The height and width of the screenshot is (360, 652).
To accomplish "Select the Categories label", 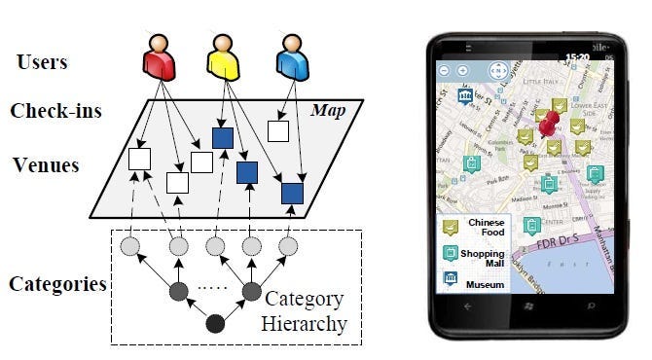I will coord(57,284).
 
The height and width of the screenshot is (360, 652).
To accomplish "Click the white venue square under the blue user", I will coord(278,131).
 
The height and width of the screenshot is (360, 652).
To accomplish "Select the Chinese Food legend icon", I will coord(452,228).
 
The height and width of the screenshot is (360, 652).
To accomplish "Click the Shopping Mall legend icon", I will coord(452,253).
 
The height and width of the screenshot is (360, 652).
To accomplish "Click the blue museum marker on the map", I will coord(465,97).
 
